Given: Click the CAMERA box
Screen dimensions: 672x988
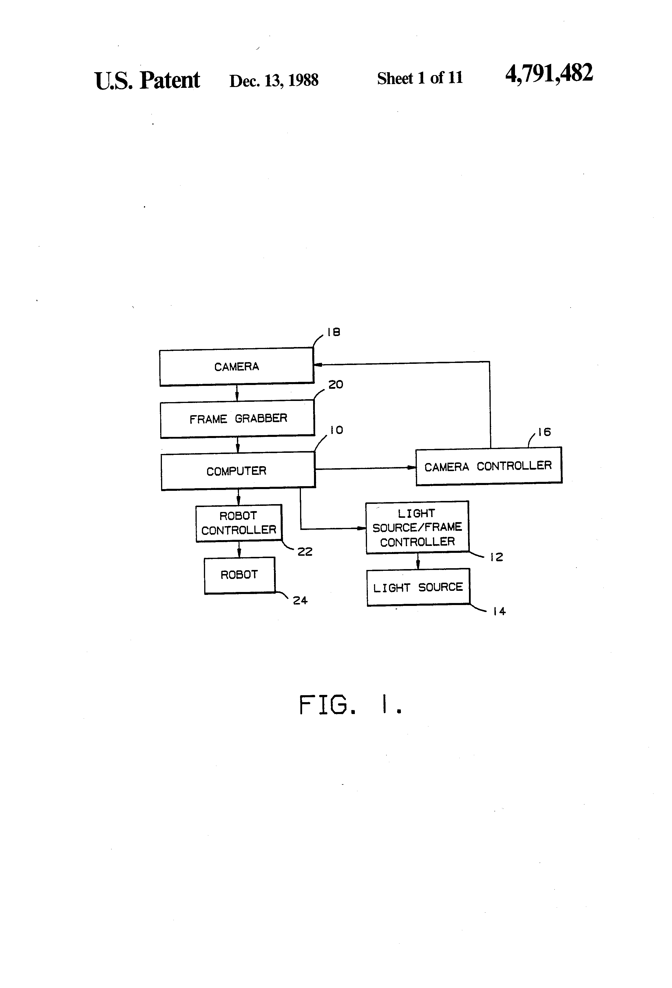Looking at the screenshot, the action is click(x=237, y=366).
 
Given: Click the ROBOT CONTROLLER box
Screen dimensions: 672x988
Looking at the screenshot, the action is click(x=239, y=523).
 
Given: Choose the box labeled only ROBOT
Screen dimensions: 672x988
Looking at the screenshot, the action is click(x=240, y=575).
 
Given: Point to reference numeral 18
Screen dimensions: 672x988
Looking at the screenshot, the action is click(x=333, y=332).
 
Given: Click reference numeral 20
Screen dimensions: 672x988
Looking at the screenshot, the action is click(x=336, y=384).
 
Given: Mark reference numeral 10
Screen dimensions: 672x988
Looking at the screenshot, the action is click(x=336, y=430).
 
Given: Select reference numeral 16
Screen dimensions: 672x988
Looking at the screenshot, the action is click(x=544, y=432).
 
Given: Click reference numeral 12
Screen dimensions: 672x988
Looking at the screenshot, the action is click(x=496, y=557).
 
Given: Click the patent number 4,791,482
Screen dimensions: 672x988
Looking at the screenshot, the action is click(x=549, y=73).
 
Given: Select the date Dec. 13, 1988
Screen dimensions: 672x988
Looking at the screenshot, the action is click(x=274, y=80).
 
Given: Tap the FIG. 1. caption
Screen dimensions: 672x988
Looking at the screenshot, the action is click(x=350, y=704).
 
